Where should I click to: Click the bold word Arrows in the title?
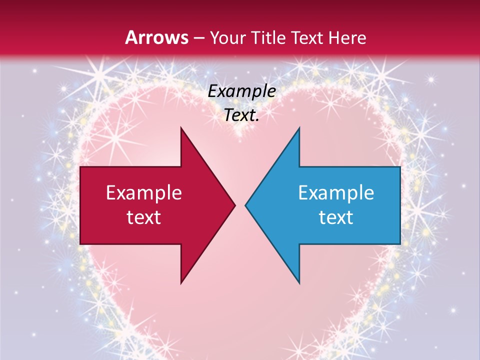156,37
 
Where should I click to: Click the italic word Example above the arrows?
242,91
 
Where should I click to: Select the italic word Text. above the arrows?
242,115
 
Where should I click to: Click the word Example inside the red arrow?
144,193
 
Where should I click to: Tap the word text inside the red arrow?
144,217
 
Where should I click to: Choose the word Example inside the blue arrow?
336,193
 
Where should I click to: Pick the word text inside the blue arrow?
336,217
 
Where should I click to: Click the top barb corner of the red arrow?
181,128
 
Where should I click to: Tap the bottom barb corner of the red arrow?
181,282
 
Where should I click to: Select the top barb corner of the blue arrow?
299,128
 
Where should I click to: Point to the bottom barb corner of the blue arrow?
299,282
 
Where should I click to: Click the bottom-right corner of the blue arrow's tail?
399,243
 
